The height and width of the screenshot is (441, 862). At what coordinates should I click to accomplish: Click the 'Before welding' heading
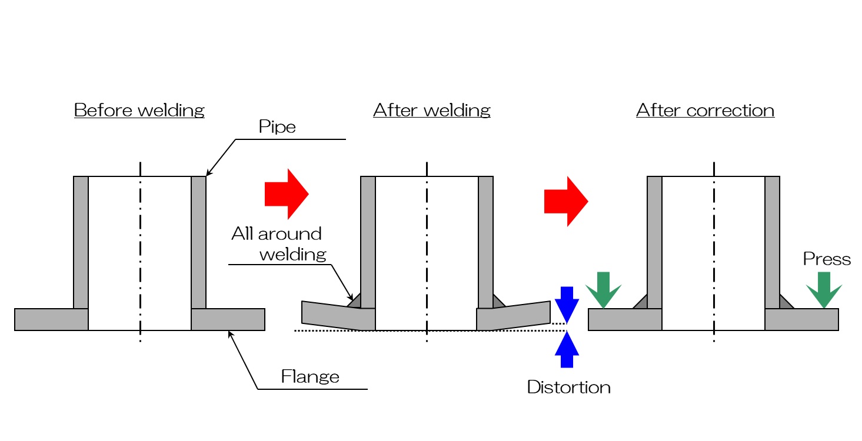pyautogui.click(x=139, y=110)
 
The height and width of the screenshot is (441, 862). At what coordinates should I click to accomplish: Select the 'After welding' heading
pyautogui.click(x=431, y=110)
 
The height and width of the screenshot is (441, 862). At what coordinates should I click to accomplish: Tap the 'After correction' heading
pyautogui.click(x=705, y=110)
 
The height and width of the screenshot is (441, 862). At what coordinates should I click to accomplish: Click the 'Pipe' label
pyautogui.click(x=277, y=127)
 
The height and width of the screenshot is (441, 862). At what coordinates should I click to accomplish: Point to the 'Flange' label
pyautogui.click(x=310, y=376)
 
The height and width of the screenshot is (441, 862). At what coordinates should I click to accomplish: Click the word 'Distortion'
pyautogui.click(x=568, y=387)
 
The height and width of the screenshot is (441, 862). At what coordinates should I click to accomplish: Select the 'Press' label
pyautogui.click(x=827, y=259)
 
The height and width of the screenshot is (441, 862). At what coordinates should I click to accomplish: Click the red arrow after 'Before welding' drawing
pyautogui.click(x=287, y=194)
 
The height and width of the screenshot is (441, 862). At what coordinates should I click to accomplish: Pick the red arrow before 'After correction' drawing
pyautogui.click(x=565, y=201)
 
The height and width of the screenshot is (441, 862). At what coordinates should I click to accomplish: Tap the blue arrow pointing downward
pyautogui.click(x=567, y=303)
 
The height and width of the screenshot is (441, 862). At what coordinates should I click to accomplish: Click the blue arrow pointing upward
pyautogui.click(x=567, y=349)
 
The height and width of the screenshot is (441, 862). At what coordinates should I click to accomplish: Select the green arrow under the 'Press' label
pyautogui.click(x=824, y=289)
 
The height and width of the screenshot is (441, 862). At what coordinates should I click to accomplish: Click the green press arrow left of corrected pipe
pyautogui.click(x=604, y=289)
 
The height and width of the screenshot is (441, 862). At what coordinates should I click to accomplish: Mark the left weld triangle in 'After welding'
pyautogui.click(x=354, y=301)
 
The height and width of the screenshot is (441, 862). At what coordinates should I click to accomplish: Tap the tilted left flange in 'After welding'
pyautogui.click(x=338, y=315)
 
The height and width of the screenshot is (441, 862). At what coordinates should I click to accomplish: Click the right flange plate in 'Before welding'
pyautogui.click(x=228, y=319)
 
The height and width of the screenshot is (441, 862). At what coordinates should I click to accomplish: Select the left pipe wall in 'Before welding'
pyautogui.click(x=81, y=241)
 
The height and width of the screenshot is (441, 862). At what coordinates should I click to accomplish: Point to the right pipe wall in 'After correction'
pyautogui.click(x=772, y=241)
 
